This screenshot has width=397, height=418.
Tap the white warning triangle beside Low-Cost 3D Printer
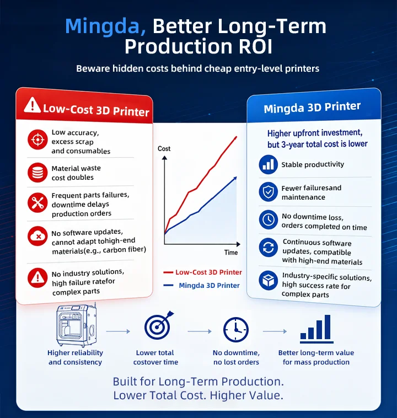coord(33,105)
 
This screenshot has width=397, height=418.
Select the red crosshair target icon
coord(37,140)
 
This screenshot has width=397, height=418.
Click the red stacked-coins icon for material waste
coord(37,173)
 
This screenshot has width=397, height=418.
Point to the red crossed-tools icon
coord(37,202)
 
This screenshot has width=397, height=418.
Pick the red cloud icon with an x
coord(37,236)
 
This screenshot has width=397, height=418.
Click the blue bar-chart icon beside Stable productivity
coord(268,164)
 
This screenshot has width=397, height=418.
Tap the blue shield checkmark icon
coord(268,192)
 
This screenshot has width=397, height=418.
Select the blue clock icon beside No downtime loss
coord(268,219)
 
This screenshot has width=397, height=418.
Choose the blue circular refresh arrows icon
coord(268,248)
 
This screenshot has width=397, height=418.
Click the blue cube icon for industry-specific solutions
coord(268,280)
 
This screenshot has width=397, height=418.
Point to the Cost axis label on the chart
coord(164,148)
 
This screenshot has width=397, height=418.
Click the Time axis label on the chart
coord(231,253)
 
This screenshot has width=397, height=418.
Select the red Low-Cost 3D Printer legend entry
coord(202,272)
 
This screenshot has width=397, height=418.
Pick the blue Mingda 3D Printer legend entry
coord(202,285)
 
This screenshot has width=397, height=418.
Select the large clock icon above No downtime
coord(236,330)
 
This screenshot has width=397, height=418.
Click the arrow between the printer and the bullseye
coord(118,331)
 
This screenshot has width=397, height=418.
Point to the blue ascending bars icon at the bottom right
coord(316,329)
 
